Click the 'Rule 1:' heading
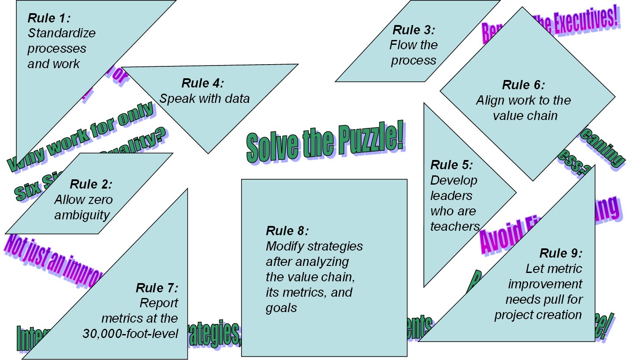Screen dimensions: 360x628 [49, 18]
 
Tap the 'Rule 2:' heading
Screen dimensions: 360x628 [91, 184]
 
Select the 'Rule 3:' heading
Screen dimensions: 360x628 [413, 30]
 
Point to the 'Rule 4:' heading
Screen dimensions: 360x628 [203, 83]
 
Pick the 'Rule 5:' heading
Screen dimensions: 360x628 [451, 165]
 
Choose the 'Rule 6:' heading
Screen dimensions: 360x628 [523, 85]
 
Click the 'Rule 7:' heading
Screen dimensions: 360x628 [157, 288]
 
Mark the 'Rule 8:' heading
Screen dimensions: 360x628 [287, 231]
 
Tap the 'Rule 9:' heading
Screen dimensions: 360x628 [561, 253]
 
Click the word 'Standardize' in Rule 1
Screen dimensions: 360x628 [62, 33]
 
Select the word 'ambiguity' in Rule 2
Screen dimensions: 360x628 [82, 215]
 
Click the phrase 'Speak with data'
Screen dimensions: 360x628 [204, 98]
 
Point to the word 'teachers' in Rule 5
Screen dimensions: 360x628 [455, 226]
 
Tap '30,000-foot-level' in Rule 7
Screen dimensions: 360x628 [130, 334]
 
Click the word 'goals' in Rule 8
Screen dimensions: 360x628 [281, 308]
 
